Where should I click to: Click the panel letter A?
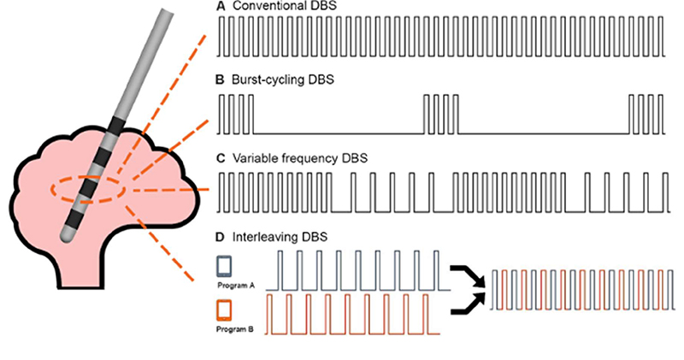[220, 6]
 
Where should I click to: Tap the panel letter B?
[220, 80]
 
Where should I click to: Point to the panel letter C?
[221, 158]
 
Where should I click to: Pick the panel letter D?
[221, 237]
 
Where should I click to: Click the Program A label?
[236, 286]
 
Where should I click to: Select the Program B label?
[234, 329]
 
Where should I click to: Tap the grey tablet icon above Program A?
[224, 267]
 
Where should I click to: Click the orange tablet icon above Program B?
[224, 310]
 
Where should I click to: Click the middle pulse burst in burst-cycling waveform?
[441, 115]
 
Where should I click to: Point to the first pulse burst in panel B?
[236, 115]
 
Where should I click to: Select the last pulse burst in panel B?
[646, 115]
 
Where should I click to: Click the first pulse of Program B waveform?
[269, 315]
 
